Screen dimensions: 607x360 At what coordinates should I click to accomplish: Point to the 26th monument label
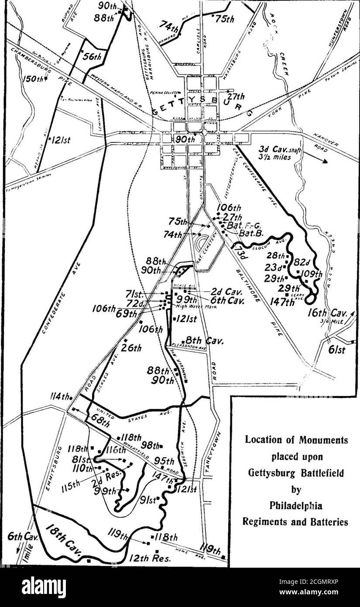[131, 348]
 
